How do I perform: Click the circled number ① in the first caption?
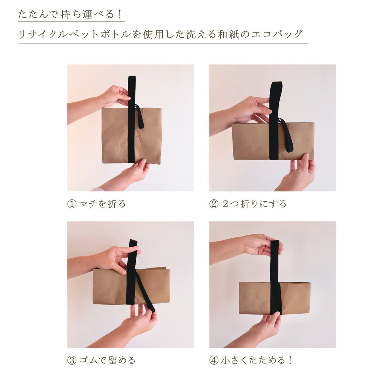[72, 204]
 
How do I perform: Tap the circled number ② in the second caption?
[214, 204]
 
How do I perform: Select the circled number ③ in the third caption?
[72, 360]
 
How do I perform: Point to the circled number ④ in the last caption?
[214, 360]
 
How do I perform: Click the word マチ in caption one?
[88, 204]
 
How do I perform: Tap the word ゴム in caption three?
[88, 360]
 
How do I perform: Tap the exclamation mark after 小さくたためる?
[290, 360]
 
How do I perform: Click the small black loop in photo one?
[139, 117]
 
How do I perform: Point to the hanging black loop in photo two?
[286, 135]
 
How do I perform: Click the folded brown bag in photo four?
[275, 298]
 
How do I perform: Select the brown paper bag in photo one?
[132, 136]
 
